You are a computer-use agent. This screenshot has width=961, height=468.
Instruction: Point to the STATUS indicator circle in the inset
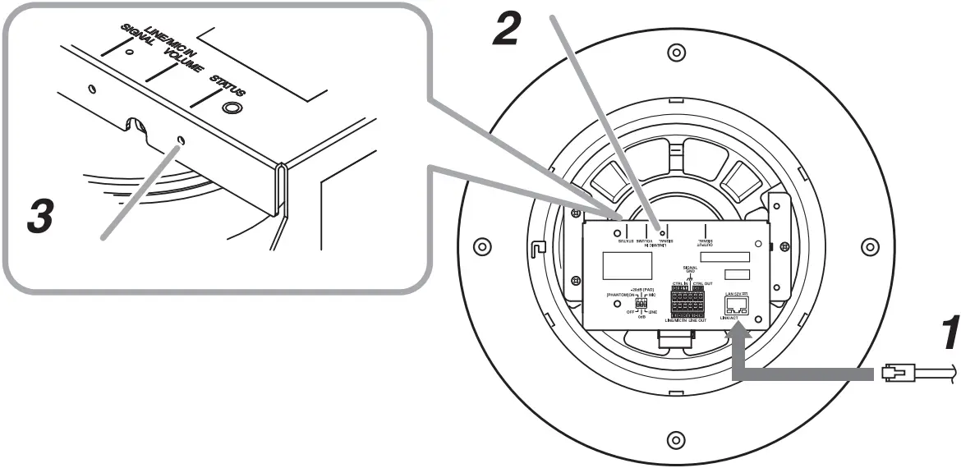[232, 108]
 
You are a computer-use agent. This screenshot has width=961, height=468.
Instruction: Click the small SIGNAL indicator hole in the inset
[129, 52]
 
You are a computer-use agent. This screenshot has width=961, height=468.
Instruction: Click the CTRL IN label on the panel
[681, 283]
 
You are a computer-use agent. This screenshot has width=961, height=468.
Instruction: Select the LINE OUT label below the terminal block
[697, 320]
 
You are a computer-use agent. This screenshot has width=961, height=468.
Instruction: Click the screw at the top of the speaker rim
[675, 53]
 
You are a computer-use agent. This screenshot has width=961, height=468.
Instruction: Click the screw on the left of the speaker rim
[481, 246]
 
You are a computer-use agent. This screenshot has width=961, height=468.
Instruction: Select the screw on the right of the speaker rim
[869, 246]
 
